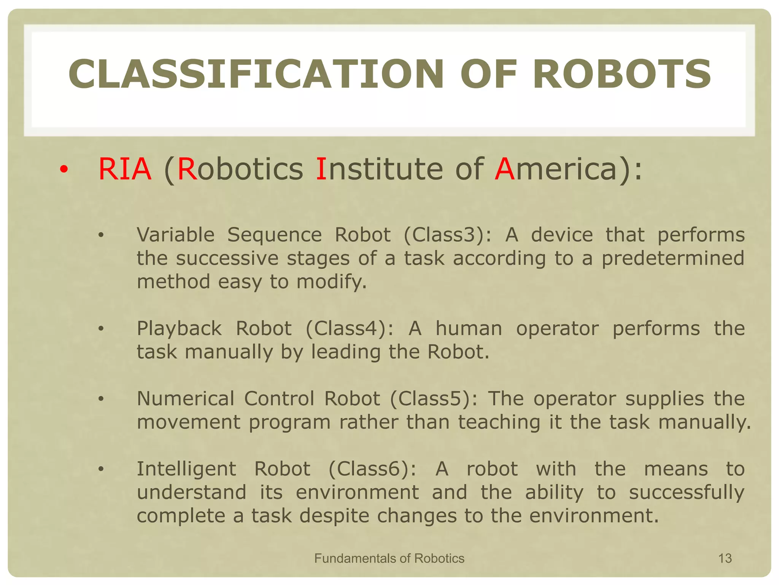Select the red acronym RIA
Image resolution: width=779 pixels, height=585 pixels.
tap(125, 169)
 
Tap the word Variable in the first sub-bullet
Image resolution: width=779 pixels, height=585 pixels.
tap(176, 235)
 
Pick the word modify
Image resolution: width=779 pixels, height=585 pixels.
tap(331, 282)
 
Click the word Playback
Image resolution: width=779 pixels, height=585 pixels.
tap(179, 328)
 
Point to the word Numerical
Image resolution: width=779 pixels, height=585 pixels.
tap(186, 399)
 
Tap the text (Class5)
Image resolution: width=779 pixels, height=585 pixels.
tap(433, 399)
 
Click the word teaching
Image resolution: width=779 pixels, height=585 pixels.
tap(499, 422)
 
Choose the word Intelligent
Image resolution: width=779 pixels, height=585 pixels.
tap(186, 469)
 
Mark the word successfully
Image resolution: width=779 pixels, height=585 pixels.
tap(686, 493)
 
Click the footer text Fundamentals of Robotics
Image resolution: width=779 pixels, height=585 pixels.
tap(389, 558)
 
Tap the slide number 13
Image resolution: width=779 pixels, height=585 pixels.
tap(725, 558)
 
